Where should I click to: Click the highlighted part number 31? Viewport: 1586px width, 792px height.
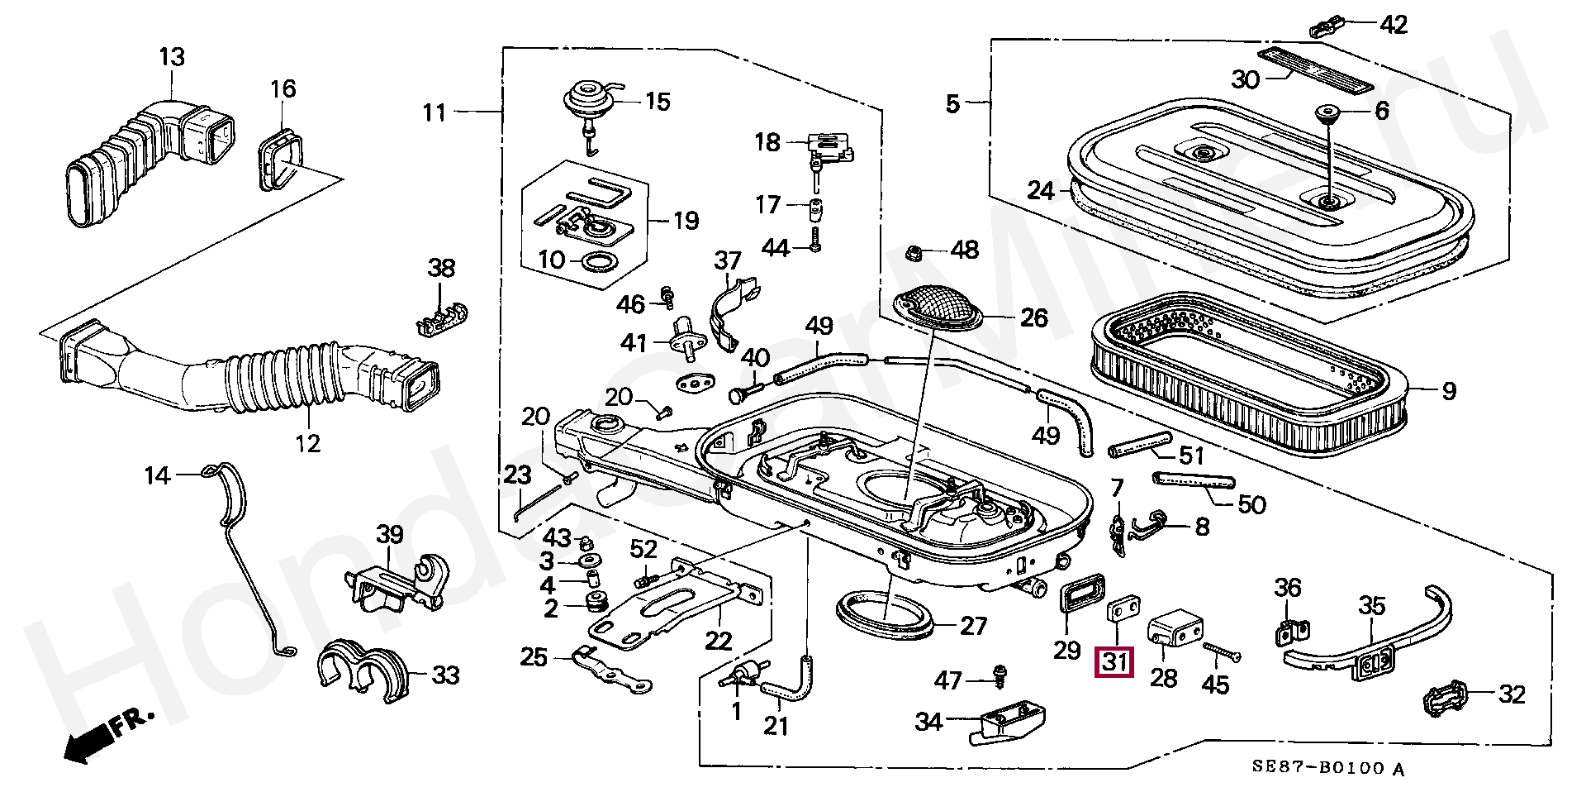[x=1114, y=662]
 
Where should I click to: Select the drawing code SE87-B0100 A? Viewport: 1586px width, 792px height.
[x=1328, y=768]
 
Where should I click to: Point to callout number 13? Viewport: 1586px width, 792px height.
[x=172, y=58]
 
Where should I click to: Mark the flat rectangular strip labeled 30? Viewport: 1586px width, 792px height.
[x=1315, y=70]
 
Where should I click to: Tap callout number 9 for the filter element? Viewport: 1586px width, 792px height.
[x=1449, y=391]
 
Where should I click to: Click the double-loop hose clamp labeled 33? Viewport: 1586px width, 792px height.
[x=361, y=668]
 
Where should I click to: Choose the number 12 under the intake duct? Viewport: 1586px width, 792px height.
[x=307, y=443]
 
